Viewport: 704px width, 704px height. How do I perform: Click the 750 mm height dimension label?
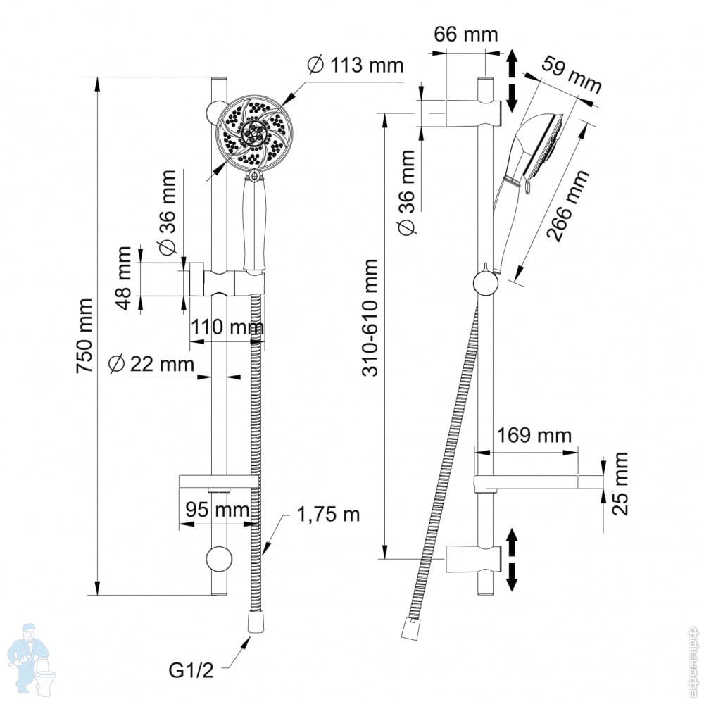(x=84, y=335)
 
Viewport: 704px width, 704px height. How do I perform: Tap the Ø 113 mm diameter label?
(x=356, y=65)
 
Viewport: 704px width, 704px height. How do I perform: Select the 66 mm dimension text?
(x=466, y=34)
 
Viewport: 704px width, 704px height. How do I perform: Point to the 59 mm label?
(x=571, y=74)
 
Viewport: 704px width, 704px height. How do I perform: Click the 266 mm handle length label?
(x=568, y=206)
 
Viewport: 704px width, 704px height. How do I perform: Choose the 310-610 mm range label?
(x=371, y=318)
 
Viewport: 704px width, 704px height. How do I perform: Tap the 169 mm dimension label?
(x=534, y=436)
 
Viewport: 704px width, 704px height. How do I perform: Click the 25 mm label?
(x=620, y=484)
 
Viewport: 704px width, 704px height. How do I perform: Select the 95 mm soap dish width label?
(x=218, y=510)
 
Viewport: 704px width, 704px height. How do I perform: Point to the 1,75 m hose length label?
(x=328, y=515)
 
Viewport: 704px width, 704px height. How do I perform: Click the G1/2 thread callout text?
(x=191, y=670)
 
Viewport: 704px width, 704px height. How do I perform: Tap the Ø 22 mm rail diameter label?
(x=151, y=364)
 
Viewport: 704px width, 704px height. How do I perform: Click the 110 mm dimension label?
(x=227, y=327)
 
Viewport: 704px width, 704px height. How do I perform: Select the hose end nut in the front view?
(x=256, y=621)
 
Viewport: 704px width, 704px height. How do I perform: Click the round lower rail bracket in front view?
(x=219, y=559)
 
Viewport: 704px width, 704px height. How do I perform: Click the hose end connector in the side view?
(x=408, y=629)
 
